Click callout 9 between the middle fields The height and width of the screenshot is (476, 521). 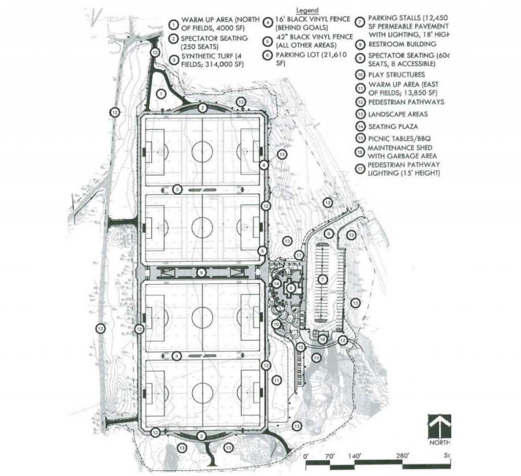(x=201, y=273)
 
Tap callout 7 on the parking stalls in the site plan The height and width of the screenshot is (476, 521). (x=322, y=279)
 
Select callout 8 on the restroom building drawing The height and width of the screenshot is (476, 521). (x=292, y=287)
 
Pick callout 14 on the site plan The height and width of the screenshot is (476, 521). (x=277, y=283)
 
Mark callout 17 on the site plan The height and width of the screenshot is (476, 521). (x=299, y=254)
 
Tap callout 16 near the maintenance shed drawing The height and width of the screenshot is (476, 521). (x=322, y=339)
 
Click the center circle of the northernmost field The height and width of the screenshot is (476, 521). (x=202, y=152)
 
